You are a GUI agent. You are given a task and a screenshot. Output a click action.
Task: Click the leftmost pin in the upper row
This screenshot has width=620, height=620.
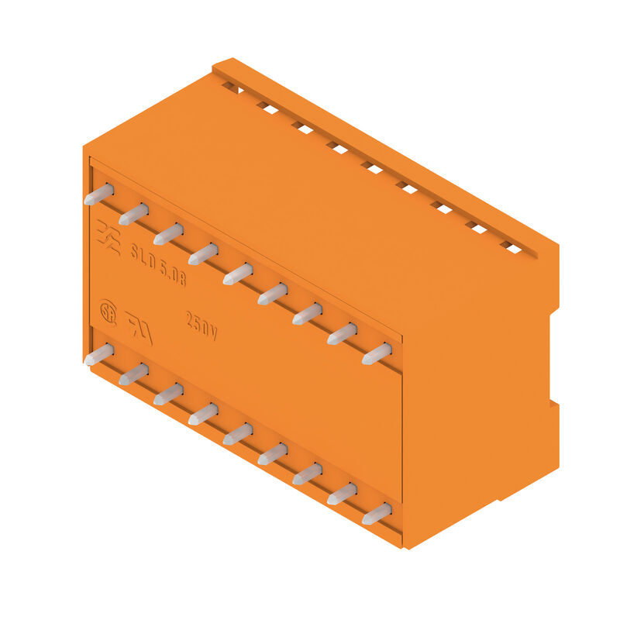98,195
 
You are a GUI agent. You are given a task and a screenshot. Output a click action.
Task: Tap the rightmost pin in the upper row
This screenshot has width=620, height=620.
377,353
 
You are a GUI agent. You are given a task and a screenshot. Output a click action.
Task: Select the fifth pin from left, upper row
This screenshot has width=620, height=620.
238,274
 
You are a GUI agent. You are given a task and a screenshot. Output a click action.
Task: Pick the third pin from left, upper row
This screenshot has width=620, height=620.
168,233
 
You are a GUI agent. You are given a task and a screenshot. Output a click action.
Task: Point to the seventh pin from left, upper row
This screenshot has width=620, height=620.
307,314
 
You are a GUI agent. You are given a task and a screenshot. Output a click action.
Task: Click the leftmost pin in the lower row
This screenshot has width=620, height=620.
98,355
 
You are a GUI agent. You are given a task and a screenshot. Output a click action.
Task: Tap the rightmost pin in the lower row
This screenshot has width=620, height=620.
377,513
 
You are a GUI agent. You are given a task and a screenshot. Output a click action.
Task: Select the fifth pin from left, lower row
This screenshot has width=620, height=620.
238,434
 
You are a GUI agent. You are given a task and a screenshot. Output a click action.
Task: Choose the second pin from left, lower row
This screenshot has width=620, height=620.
133,374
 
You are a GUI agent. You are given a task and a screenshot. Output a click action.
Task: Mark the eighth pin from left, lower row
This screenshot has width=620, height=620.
342,494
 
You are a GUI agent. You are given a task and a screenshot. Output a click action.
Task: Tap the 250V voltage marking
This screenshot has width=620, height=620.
201,326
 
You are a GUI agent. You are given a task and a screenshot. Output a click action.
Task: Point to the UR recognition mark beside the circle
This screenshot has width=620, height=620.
139,328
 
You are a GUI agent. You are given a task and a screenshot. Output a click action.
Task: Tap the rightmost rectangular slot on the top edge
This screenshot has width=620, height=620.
511,247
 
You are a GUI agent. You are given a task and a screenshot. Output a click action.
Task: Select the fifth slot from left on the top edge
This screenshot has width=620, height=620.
372,167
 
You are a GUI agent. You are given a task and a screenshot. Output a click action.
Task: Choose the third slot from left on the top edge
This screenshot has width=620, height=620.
302,128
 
